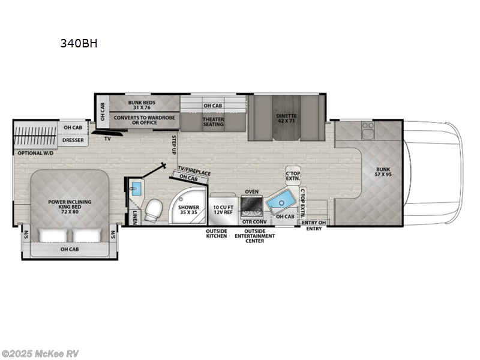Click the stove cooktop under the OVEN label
(x=250, y=206)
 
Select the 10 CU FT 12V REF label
(x=223, y=209)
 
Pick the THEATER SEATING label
(x=212, y=122)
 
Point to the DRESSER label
(x=73, y=141)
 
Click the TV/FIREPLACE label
(x=194, y=172)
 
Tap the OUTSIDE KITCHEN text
(x=217, y=233)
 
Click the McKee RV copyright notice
(x=40, y=353)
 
